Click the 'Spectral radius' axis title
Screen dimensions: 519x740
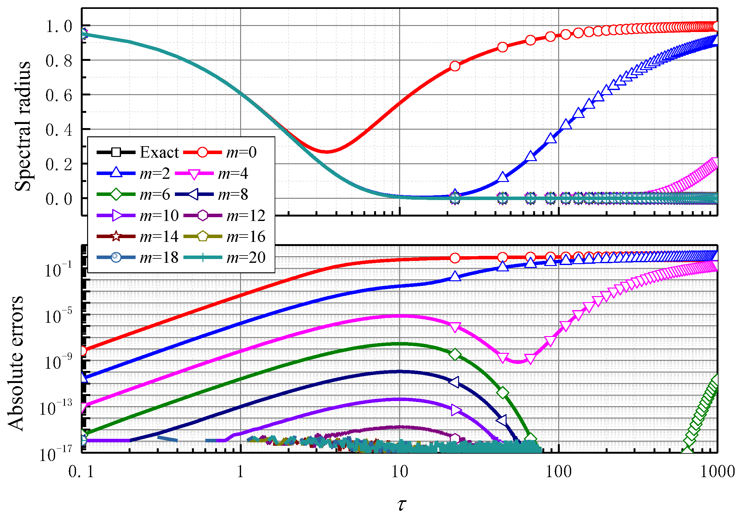pos(22,127)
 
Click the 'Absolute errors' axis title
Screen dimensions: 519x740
pos(16,363)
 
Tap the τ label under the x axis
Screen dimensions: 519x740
pos(401,504)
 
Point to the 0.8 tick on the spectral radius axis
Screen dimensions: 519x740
pos(59,61)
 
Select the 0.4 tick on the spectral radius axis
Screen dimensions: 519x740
pos(59,130)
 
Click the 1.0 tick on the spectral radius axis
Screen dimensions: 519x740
pos(59,26)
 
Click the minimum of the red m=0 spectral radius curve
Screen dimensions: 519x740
pos(327,151)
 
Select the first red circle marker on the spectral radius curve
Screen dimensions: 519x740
pos(455,66)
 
